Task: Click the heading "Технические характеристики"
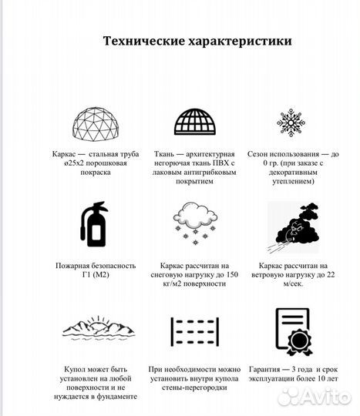[197, 42]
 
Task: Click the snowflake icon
[291, 122]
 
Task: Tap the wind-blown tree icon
[291, 225]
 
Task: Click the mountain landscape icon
[94, 328]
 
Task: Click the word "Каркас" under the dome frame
[66, 153]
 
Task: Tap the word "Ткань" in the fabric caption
[165, 153]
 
